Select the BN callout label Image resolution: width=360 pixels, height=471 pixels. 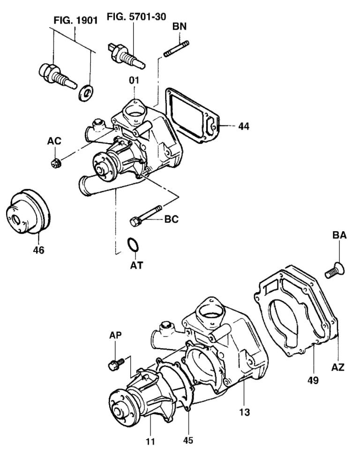pyautogui.click(x=179, y=27)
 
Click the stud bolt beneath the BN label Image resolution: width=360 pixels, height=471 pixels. pyautogui.click(x=177, y=48)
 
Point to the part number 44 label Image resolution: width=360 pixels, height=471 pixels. pyautogui.click(x=243, y=126)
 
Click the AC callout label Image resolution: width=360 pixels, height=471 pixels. pyautogui.click(x=54, y=141)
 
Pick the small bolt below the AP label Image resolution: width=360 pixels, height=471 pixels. pyautogui.click(x=115, y=364)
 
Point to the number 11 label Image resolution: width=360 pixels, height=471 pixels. pyautogui.click(x=150, y=441)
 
